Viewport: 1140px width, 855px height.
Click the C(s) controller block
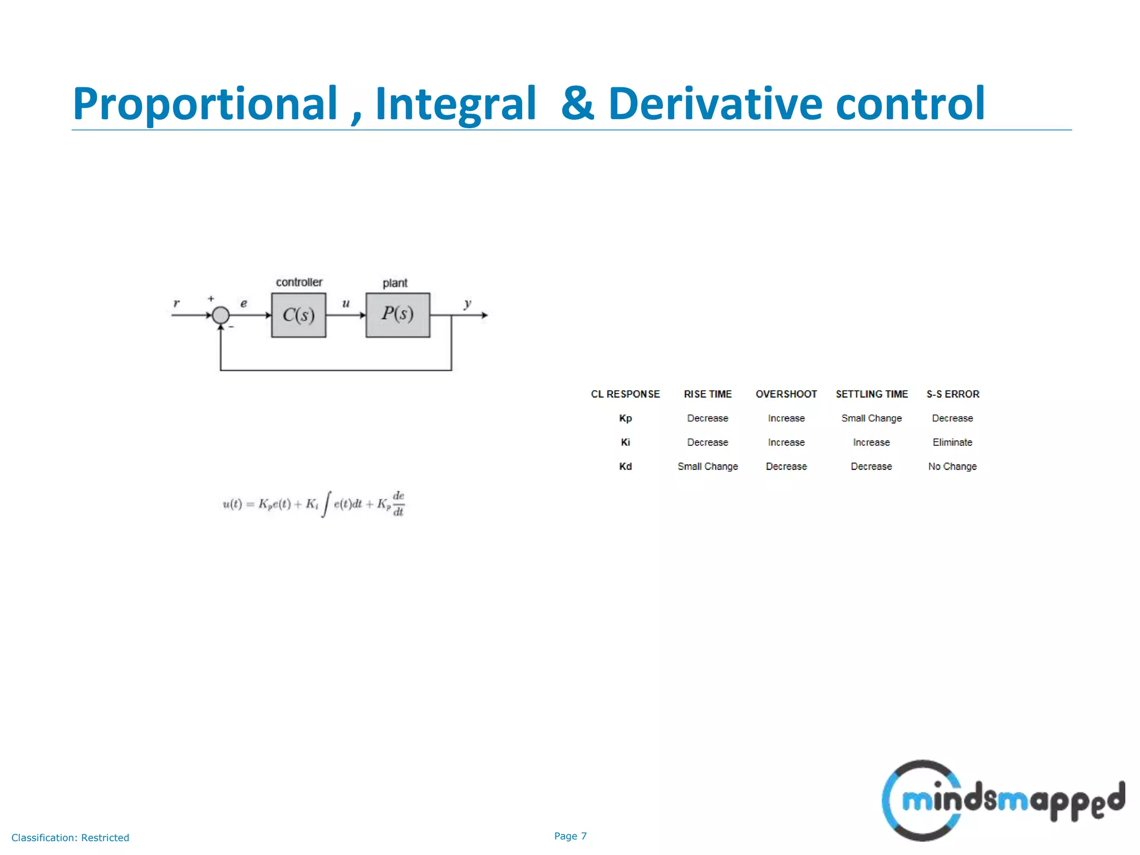[x=298, y=315]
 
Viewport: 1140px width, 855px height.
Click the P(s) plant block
[x=397, y=315]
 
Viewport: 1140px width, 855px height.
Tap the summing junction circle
[x=221, y=315]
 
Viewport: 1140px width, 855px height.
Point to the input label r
[x=176, y=303]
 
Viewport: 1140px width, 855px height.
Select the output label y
[x=468, y=303]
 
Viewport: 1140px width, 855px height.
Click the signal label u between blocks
[x=346, y=303]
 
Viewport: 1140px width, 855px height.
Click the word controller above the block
[x=299, y=282]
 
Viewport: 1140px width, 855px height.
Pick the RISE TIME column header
[x=707, y=394]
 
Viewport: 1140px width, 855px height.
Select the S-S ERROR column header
[x=952, y=394]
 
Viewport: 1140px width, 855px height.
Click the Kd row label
[x=625, y=466]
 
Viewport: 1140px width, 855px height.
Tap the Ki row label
[x=625, y=443]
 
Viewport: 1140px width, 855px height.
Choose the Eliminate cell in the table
[x=952, y=443]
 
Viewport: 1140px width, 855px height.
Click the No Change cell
[x=952, y=466]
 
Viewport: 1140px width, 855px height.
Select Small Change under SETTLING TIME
[x=871, y=418]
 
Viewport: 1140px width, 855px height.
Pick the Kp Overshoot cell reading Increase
[x=786, y=418]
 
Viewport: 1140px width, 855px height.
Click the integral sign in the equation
[x=326, y=504]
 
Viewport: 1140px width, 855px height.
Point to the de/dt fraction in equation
[x=399, y=504]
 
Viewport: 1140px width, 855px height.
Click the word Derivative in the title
[x=715, y=104]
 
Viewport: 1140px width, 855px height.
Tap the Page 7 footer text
[x=570, y=836]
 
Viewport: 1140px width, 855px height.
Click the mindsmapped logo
[x=1002, y=800]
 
